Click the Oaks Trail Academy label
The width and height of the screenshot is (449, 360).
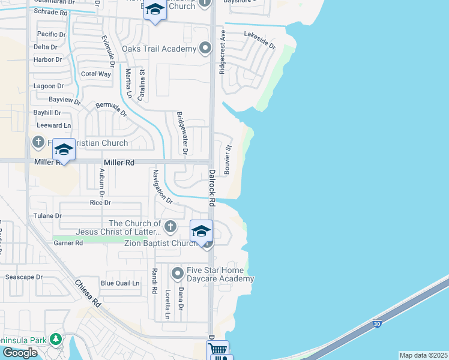[x=159, y=49]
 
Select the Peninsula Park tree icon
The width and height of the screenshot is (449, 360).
[x=56, y=340]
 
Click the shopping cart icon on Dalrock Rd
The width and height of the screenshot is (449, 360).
[x=218, y=349]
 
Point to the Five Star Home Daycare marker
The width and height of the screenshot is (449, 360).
[x=177, y=274]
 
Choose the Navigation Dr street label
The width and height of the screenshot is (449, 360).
[x=163, y=187]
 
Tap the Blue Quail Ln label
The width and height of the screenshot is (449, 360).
[x=120, y=283]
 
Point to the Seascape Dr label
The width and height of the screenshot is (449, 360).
[x=23, y=277]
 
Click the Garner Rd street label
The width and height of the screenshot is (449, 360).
[x=68, y=243]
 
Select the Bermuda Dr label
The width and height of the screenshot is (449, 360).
[x=112, y=109]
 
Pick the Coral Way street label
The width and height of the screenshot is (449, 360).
[x=96, y=74]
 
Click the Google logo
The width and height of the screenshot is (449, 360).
[x=20, y=353]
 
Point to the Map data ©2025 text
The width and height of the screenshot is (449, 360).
[x=424, y=355]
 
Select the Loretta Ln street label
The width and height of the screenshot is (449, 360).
[x=168, y=305]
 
